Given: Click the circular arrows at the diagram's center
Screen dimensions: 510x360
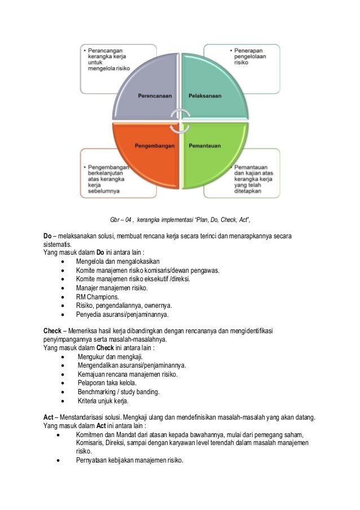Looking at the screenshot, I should pos(179,120).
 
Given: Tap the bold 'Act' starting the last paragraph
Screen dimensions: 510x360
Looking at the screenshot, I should pos(49,417).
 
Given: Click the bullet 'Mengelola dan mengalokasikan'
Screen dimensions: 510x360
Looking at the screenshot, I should pos(118,261).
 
